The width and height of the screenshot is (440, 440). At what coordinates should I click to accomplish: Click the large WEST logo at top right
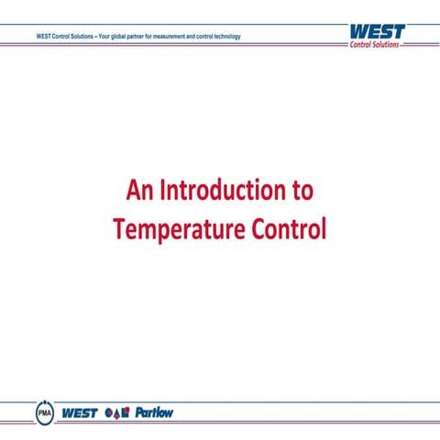377,32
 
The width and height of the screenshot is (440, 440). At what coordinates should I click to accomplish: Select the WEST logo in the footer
80,412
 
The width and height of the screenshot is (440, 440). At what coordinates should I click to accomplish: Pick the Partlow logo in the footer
154,412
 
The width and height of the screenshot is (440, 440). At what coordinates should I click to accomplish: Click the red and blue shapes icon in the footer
118,412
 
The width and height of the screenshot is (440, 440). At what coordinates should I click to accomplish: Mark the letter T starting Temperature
118,228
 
